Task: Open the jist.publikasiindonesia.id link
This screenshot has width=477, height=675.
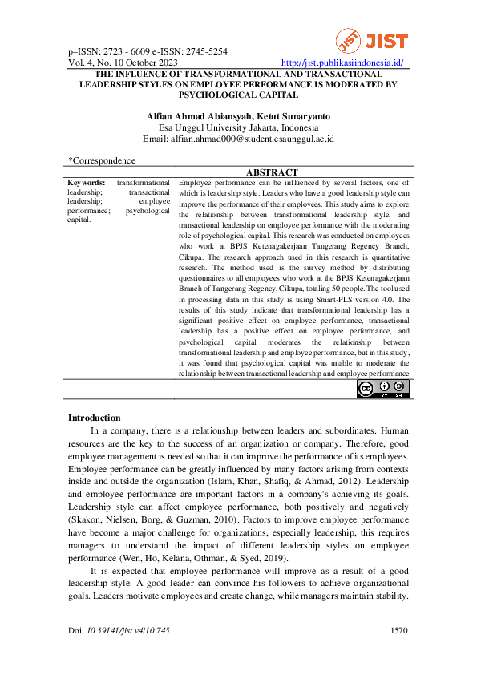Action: (x=343, y=63)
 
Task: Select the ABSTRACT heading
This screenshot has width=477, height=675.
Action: (x=272, y=172)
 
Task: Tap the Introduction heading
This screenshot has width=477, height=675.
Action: (x=94, y=418)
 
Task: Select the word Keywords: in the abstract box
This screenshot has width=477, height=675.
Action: (x=87, y=183)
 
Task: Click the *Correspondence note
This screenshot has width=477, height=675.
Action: (x=102, y=160)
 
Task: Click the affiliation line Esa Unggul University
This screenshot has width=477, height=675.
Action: (x=238, y=127)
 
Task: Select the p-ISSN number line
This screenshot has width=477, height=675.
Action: (x=148, y=51)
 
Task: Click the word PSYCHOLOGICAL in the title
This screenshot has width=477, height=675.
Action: (x=238, y=94)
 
